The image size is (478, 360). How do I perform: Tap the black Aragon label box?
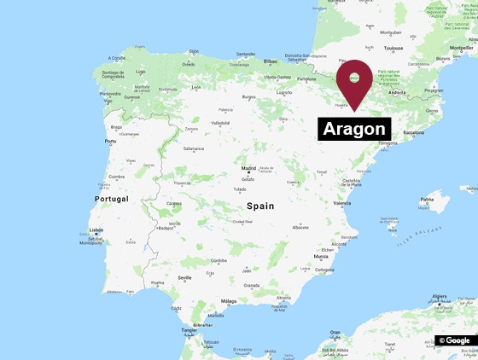[x=354, y=129]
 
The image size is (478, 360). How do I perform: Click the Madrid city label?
[x=248, y=169]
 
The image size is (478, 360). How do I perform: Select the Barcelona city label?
[x=407, y=133]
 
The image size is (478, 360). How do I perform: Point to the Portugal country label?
[x=110, y=199]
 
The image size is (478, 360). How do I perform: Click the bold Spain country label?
[x=261, y=206]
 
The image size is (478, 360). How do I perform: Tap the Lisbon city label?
[x=96, y=229]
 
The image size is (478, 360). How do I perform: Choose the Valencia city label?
[x=341, y=203]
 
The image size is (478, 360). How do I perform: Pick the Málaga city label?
[x=229, y=301]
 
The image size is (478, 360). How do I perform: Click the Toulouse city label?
[x=393, y=49]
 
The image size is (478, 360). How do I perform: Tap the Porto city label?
[x=110, y=141]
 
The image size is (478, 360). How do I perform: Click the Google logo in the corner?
[x=455, y=340]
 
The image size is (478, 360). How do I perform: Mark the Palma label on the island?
[x=427, y=200]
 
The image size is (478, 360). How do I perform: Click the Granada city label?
[x=251, y=285]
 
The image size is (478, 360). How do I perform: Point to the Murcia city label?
[x=321, y=256]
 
